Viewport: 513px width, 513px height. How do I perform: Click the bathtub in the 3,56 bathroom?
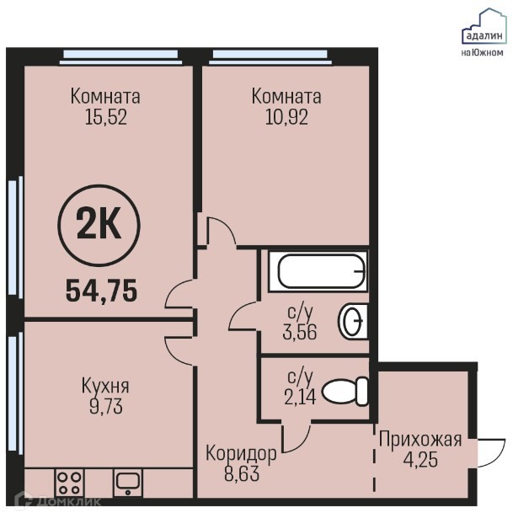[x=318, y=271]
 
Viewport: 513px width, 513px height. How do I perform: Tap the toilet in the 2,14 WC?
[x=345, y=392]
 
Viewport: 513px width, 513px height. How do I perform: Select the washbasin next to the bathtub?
[x=353, y=322]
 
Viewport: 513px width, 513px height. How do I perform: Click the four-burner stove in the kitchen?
[x=69, y=483]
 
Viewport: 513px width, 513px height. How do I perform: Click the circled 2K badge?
[x=99, y=226]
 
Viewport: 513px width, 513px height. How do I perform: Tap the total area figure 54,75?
[x=101, y=291]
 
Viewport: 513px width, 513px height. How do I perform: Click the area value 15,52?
[x=105, y=117]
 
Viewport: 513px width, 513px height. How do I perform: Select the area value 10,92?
[x=286, y=117]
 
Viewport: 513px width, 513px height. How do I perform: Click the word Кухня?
[x=105, y=386]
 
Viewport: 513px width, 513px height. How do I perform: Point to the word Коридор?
[x=241, y=454]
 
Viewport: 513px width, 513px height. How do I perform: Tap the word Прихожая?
[x=420, y=440]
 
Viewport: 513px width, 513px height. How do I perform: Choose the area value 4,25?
[x=420, y=460]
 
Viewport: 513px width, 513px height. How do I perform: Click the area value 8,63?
[x=242, y=473]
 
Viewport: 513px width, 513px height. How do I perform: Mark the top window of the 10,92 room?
[x=270, y=57]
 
